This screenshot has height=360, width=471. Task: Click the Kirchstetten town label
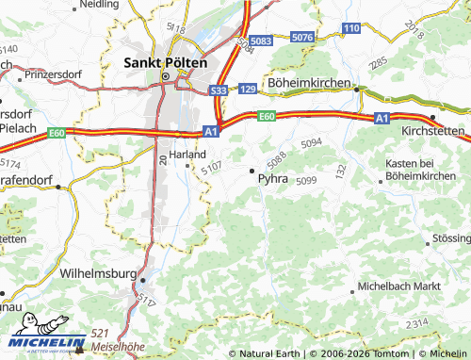point(434,130)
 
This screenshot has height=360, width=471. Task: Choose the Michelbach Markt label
point(399,285)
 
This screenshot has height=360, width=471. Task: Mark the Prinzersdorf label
point(55,73)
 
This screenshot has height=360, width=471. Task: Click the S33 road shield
point(219,90)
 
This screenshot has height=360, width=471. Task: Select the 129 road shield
point(248,89)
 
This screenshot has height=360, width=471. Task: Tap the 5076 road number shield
point(302,37)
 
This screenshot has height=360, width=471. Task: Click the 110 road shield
point(351,29)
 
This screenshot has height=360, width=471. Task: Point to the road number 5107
point(211,167)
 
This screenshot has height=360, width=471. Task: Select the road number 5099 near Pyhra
point(307,180)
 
